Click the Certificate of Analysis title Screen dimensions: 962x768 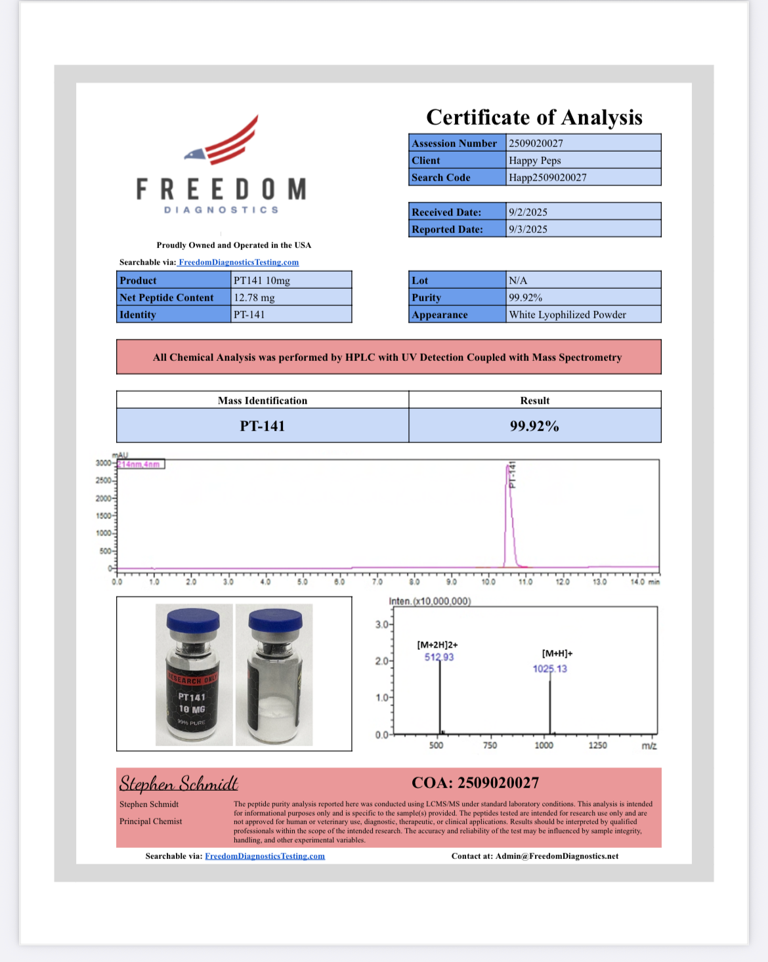pyautogui.click(x=534, y=117)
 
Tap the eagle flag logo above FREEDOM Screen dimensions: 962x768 pyautogui.click(x=223, y=141)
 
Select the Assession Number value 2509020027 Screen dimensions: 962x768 pyautogui.click(x=536, y=143)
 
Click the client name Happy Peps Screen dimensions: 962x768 pyautogui.click(x=534, y=160)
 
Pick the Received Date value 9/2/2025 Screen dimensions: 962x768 pyautogui.click(x=528, y=212)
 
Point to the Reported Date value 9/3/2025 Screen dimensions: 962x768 pyautogui.click(x=528, y=229)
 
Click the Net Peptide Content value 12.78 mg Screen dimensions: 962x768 pyautogui.click(x=254, y=297)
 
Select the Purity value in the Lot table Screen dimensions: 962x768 pyautogui.click(x=525, y=297)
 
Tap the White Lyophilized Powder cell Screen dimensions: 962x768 pyautogui.click(x=567, y=314)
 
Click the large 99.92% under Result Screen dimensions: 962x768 pyautogui.click(x=534, y=426)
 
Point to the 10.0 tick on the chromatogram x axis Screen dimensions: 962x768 pyautogui.click(x=488, y=581)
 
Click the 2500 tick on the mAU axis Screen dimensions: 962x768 pyautogui.click(x=104, y=481)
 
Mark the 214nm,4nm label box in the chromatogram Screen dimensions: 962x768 pyautogui.click(x=140, y=464)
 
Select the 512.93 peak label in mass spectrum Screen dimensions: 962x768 pyautogui.click(x=439, y=657)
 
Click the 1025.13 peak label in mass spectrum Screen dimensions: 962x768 pyautogui.click(x=549, y=669)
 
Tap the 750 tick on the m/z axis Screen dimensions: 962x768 pyautogui.click(x=490, y=745)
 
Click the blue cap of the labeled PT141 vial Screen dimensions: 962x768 pyautogui.click(x=193, y=620)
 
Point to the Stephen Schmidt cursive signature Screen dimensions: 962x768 pyautogui.click(x=179, y=784)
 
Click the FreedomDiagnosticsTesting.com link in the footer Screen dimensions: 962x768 pyautogui.click(x=265, y=856)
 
